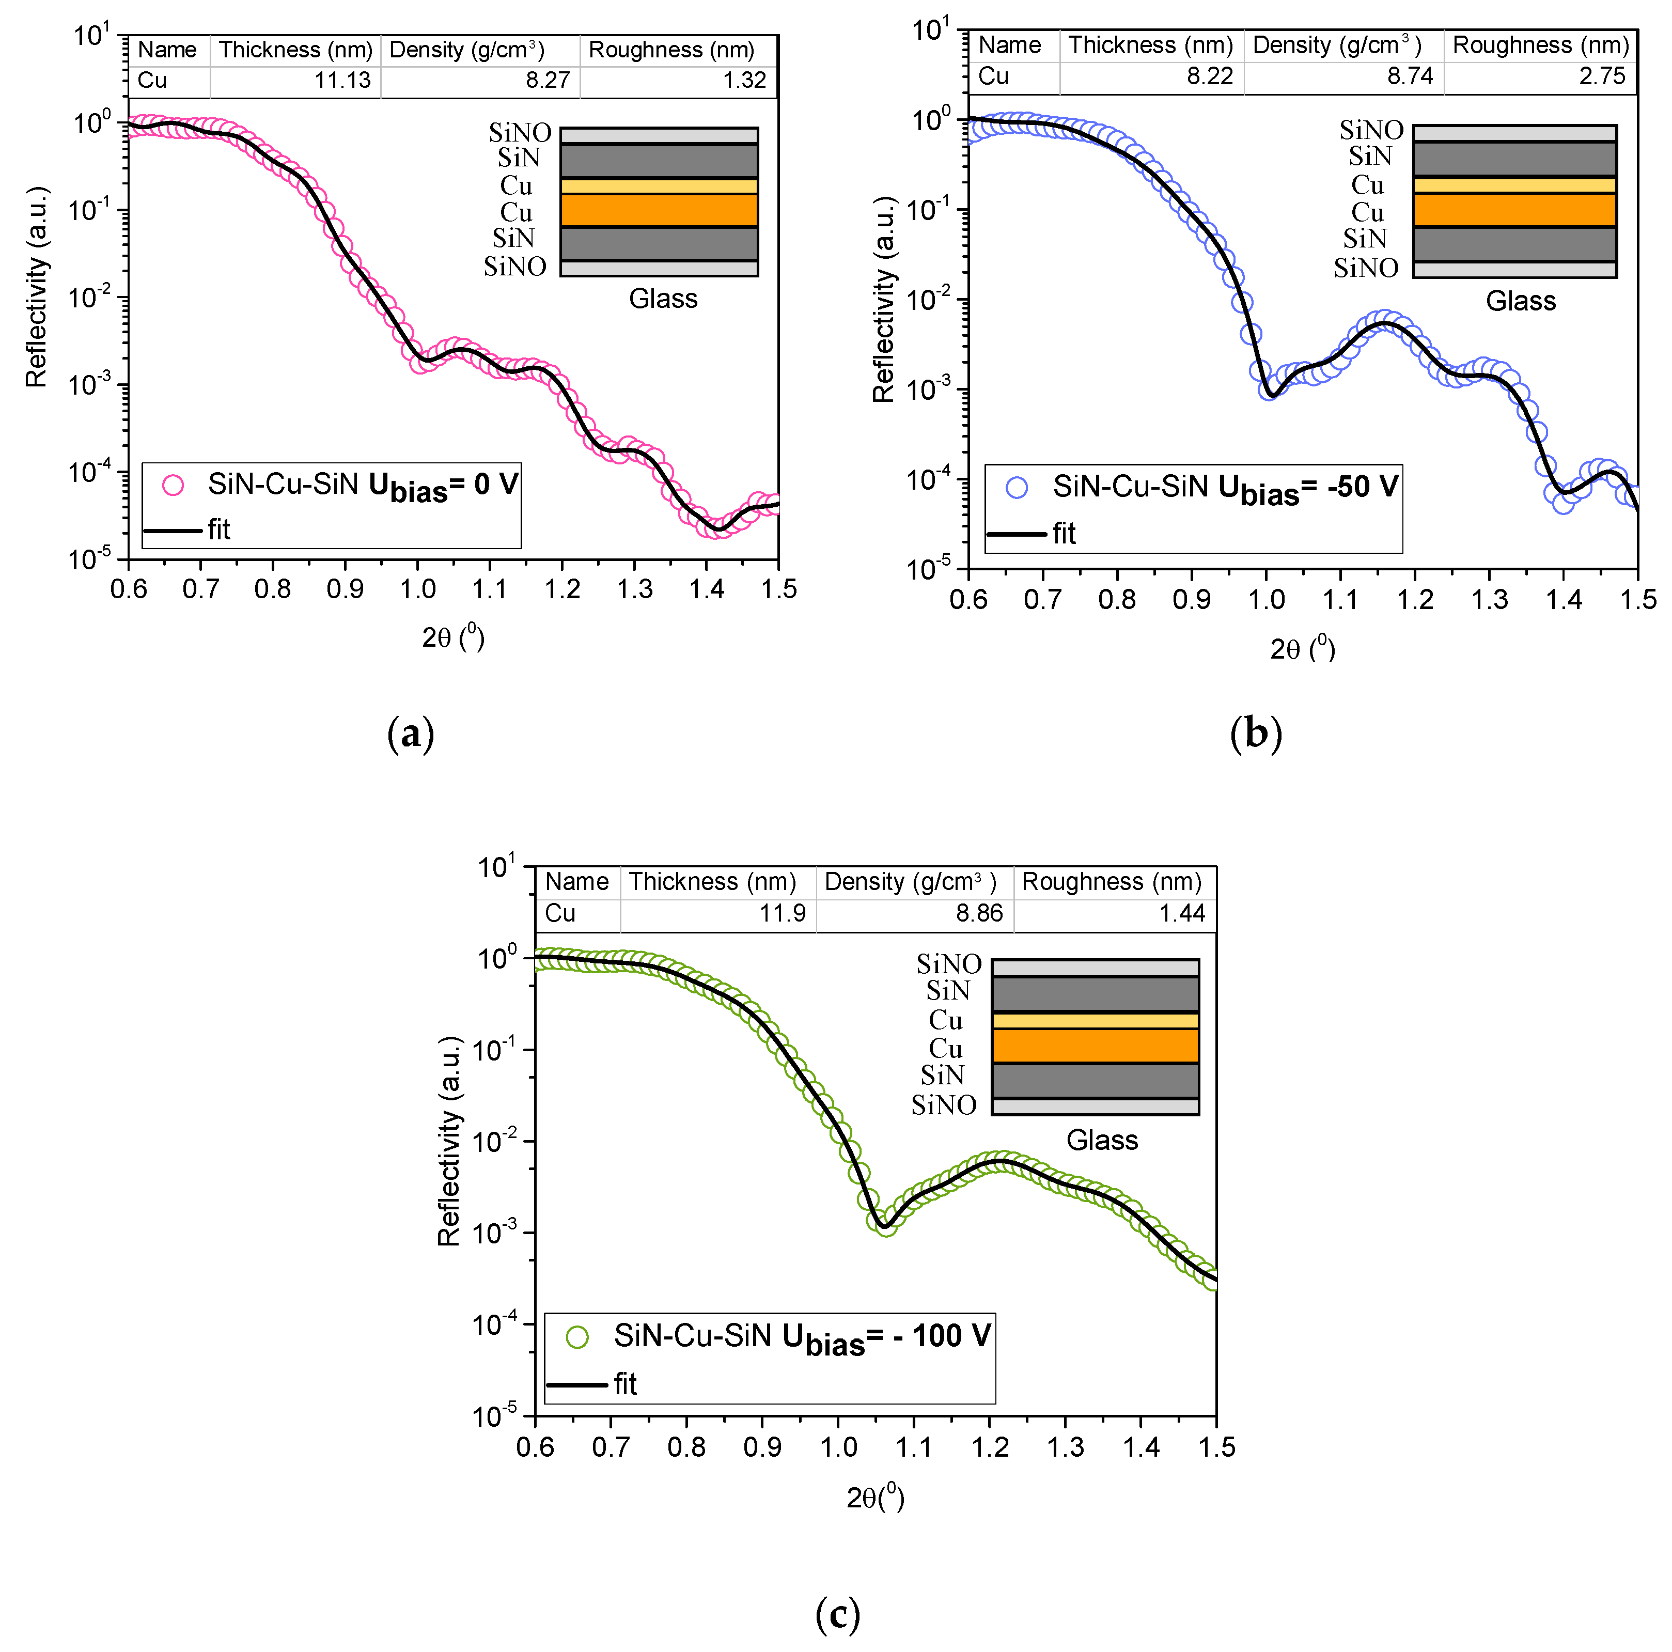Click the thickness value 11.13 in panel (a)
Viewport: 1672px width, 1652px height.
(x=342, y=81)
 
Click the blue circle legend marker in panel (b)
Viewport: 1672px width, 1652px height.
(x=1017, y=488)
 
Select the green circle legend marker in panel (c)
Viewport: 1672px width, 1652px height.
(x=577, y=1337)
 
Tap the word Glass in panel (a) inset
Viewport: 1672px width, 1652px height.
(x=663, y=299)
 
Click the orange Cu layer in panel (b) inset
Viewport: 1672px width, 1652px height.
(x=1514, y=210)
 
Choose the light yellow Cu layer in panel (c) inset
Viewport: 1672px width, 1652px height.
(x=1095, y=1020)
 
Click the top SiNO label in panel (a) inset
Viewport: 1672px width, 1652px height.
(x=519, y=132)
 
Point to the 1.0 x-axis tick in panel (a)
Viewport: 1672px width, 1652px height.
(x=417, y=589)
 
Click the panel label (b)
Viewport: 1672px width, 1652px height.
(x=1255, y=734)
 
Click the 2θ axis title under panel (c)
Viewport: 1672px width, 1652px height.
(x=875, y=1498)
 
